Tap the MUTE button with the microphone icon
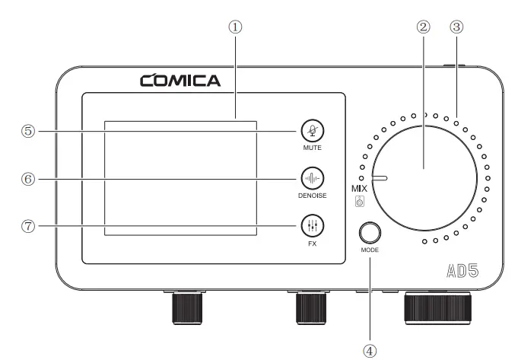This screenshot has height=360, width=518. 310,131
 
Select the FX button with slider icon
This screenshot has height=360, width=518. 310,225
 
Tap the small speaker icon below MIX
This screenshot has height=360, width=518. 361,202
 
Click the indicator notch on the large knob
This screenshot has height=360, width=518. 377,178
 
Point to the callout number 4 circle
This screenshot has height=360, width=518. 370,350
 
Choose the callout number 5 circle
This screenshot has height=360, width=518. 28,131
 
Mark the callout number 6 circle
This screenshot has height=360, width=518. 28,178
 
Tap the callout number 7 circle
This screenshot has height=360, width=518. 28,225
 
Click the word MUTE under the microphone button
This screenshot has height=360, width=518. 310,148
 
